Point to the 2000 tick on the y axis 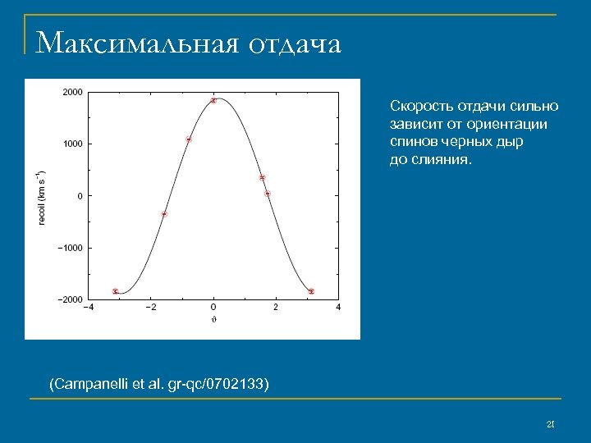coord(72,92)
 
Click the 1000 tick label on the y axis coord(72,144)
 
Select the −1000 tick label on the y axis coord(70,248)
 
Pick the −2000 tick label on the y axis coord(70,299)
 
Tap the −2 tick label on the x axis coord(149,308)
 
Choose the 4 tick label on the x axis coord(338,308)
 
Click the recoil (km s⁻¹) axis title coord(42,197)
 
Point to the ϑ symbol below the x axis coord(213,319)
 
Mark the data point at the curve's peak coord(213,101)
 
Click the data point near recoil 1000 coord(189,139)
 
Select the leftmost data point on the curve coord(116,291)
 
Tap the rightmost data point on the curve coord(311,291)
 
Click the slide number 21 coord(551,424)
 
